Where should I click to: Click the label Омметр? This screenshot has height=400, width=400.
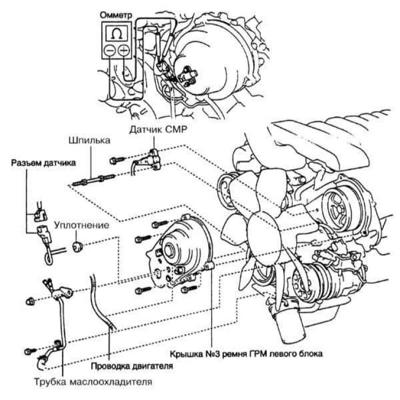[x=116, y=15]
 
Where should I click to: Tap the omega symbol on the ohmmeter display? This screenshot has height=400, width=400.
[x=117, y=33]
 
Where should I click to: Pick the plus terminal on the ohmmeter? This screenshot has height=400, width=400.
[x=124, y=50]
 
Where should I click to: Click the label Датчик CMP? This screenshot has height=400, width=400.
[x=158, y=129]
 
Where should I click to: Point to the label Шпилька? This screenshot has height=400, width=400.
[x=89, y=141]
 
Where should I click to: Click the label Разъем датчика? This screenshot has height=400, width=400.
[x=43, y=163]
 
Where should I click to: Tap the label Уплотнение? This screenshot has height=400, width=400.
[x=82, y=225]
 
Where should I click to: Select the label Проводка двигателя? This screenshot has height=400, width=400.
[x=132, y=366]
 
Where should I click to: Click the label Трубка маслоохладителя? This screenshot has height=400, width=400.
[x=93, y=382]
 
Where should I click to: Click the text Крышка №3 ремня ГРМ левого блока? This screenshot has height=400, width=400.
[x=246, y=354]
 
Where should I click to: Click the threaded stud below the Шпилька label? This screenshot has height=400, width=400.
[x=93, y=180]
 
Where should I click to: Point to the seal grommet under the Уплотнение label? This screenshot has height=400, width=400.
[x=77, y=246]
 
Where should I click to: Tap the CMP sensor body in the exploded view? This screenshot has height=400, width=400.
[x=153, y=160]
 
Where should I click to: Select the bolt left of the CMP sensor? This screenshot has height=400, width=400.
[x=117, y=160]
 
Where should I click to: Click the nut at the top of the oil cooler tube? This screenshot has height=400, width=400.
[x=30, y=302]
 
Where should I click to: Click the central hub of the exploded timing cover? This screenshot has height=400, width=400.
[x=169, y=250]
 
